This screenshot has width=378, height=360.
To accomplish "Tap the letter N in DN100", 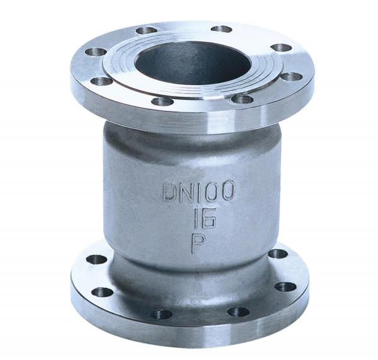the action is tap(188, 191).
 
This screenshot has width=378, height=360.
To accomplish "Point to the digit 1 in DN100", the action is tap(202, 191).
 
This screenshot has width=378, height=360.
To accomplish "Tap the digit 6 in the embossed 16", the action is tap(209, 218).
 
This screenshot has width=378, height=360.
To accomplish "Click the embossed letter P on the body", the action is tap(198, 243).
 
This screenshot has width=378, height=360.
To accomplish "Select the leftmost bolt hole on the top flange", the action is tap(96, 52).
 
